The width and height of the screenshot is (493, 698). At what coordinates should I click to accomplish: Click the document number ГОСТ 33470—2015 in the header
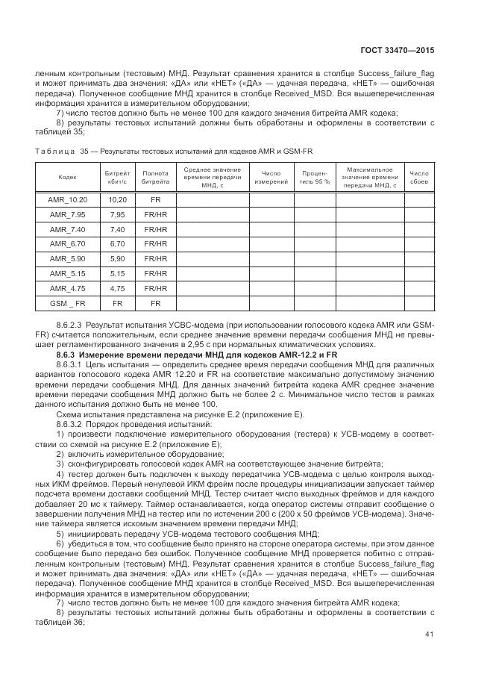click(x=398, y=51)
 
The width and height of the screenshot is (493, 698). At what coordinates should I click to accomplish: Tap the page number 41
click(x=428, y=635)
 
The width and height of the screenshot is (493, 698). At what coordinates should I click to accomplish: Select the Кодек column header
click(x=67, y=177)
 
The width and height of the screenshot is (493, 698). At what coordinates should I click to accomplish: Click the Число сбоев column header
click(x=419, y=177)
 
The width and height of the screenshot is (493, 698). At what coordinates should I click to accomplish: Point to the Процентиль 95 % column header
click(x=314, y=177)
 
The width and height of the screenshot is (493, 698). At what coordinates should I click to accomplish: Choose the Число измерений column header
click(x=271, y=177)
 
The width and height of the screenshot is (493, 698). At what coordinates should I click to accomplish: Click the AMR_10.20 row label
click(x=67, y=200)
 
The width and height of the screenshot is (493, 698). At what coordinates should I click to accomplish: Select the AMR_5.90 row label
click(x=67, y=258)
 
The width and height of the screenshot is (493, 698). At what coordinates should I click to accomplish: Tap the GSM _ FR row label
click(x=67, y=303)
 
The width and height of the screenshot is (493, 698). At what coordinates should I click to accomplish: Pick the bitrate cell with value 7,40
click(x=117, y=229)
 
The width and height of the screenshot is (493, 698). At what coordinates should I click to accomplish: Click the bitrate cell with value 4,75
click(x=117, y=288)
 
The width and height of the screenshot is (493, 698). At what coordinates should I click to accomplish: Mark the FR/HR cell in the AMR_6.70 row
click(x=155, y=244)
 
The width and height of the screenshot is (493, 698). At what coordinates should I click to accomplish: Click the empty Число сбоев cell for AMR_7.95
click(x=419, y=215)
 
